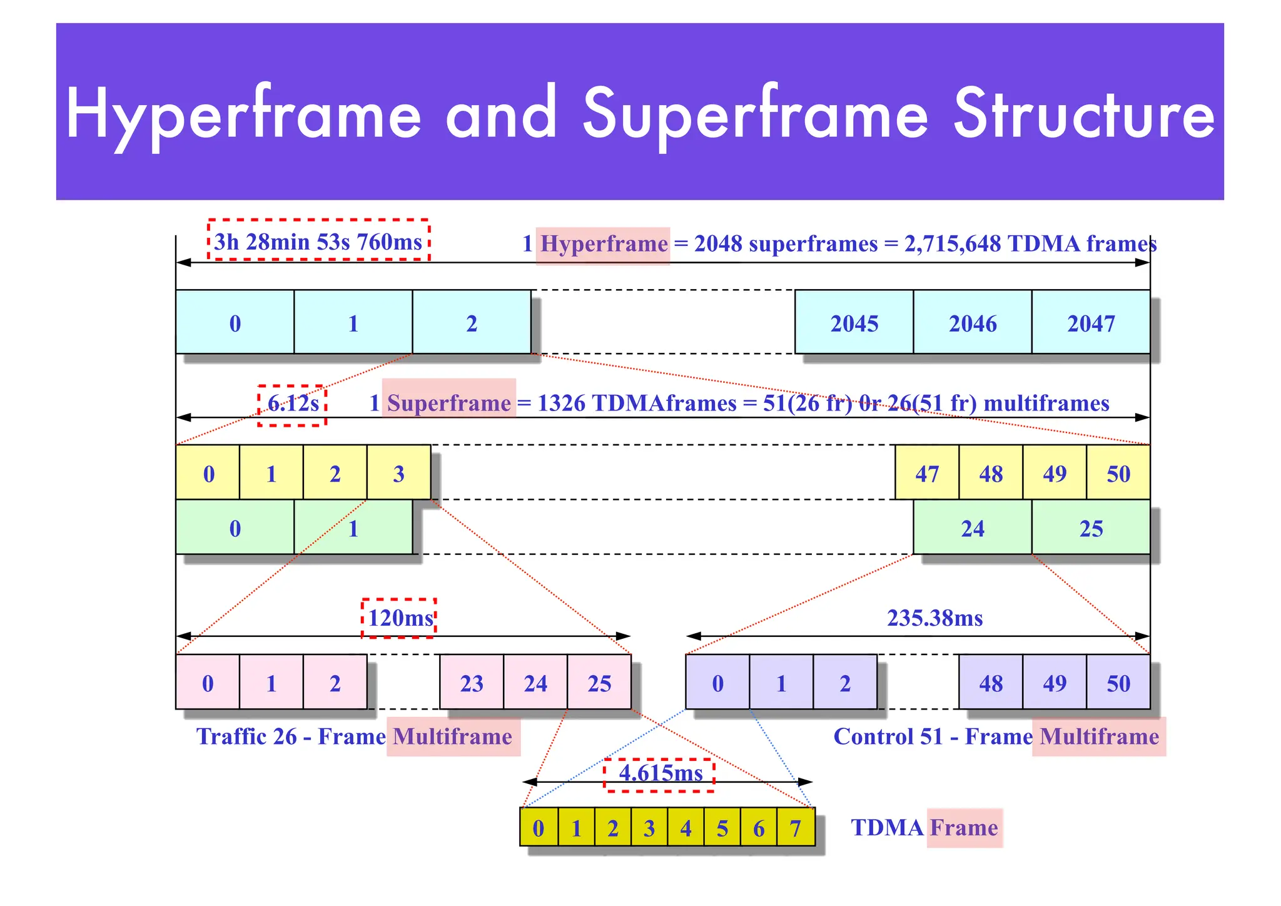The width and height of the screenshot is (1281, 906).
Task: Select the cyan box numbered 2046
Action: pyautogui.click(x=972, y=323)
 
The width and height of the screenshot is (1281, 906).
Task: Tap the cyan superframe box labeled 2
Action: pyautogui.click(x=472, y=323)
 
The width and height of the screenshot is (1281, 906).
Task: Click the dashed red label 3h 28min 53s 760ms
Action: pyautogui.click(x=318, y=241)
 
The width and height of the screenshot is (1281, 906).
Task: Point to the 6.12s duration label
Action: pyautogui.click(x=293, y=404)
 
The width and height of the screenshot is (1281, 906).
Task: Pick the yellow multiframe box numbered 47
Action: pyautogui.click(x=926, y=473)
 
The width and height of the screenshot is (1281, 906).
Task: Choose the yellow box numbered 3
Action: pyautogui.click(x=398, y=473)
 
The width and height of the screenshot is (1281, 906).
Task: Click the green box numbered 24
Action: pyautogui.click(x=972, y=528)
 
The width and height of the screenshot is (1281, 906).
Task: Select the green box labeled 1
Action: pyautogui.click(x=353, y=528)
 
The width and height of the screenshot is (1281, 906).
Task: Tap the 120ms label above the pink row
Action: pyautogui.click(x=399, y=618)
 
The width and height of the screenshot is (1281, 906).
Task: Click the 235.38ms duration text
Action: pyautogui.click(x=934, y=618)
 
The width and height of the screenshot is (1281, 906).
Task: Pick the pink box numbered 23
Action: pyautogui.click(x=472, y=683)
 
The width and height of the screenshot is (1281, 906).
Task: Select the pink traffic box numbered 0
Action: pyautogui.click(x=208, y=683)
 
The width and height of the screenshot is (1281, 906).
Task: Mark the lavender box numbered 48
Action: pyautogui.click(x=991, y=683)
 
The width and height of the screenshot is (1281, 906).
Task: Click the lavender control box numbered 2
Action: pyautogui.click(x=844, y=683)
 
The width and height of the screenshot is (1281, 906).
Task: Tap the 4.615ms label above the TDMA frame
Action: pyautogui.click(x=660, y=773)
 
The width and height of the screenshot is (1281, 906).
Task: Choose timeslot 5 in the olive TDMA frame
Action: pyautogui.click(x=722, y=828)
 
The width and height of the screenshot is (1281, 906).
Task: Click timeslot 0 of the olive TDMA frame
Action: pyautogui.click(x=539, y=828)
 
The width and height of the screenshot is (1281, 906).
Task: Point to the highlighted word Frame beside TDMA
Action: pyautogui.click(x=964, y=828)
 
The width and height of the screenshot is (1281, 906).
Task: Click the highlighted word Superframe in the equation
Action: pyautogui.click(x=448, y=403)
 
